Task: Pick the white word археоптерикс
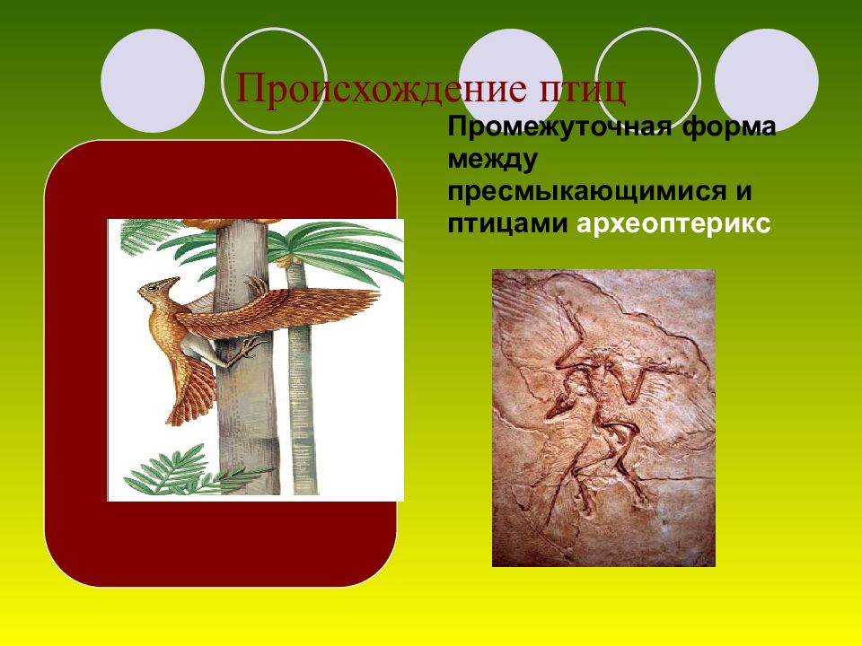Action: point(673,225)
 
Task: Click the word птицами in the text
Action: point(508,225)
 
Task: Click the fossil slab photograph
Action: point(603,417)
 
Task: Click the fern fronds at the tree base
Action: point(171,471)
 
